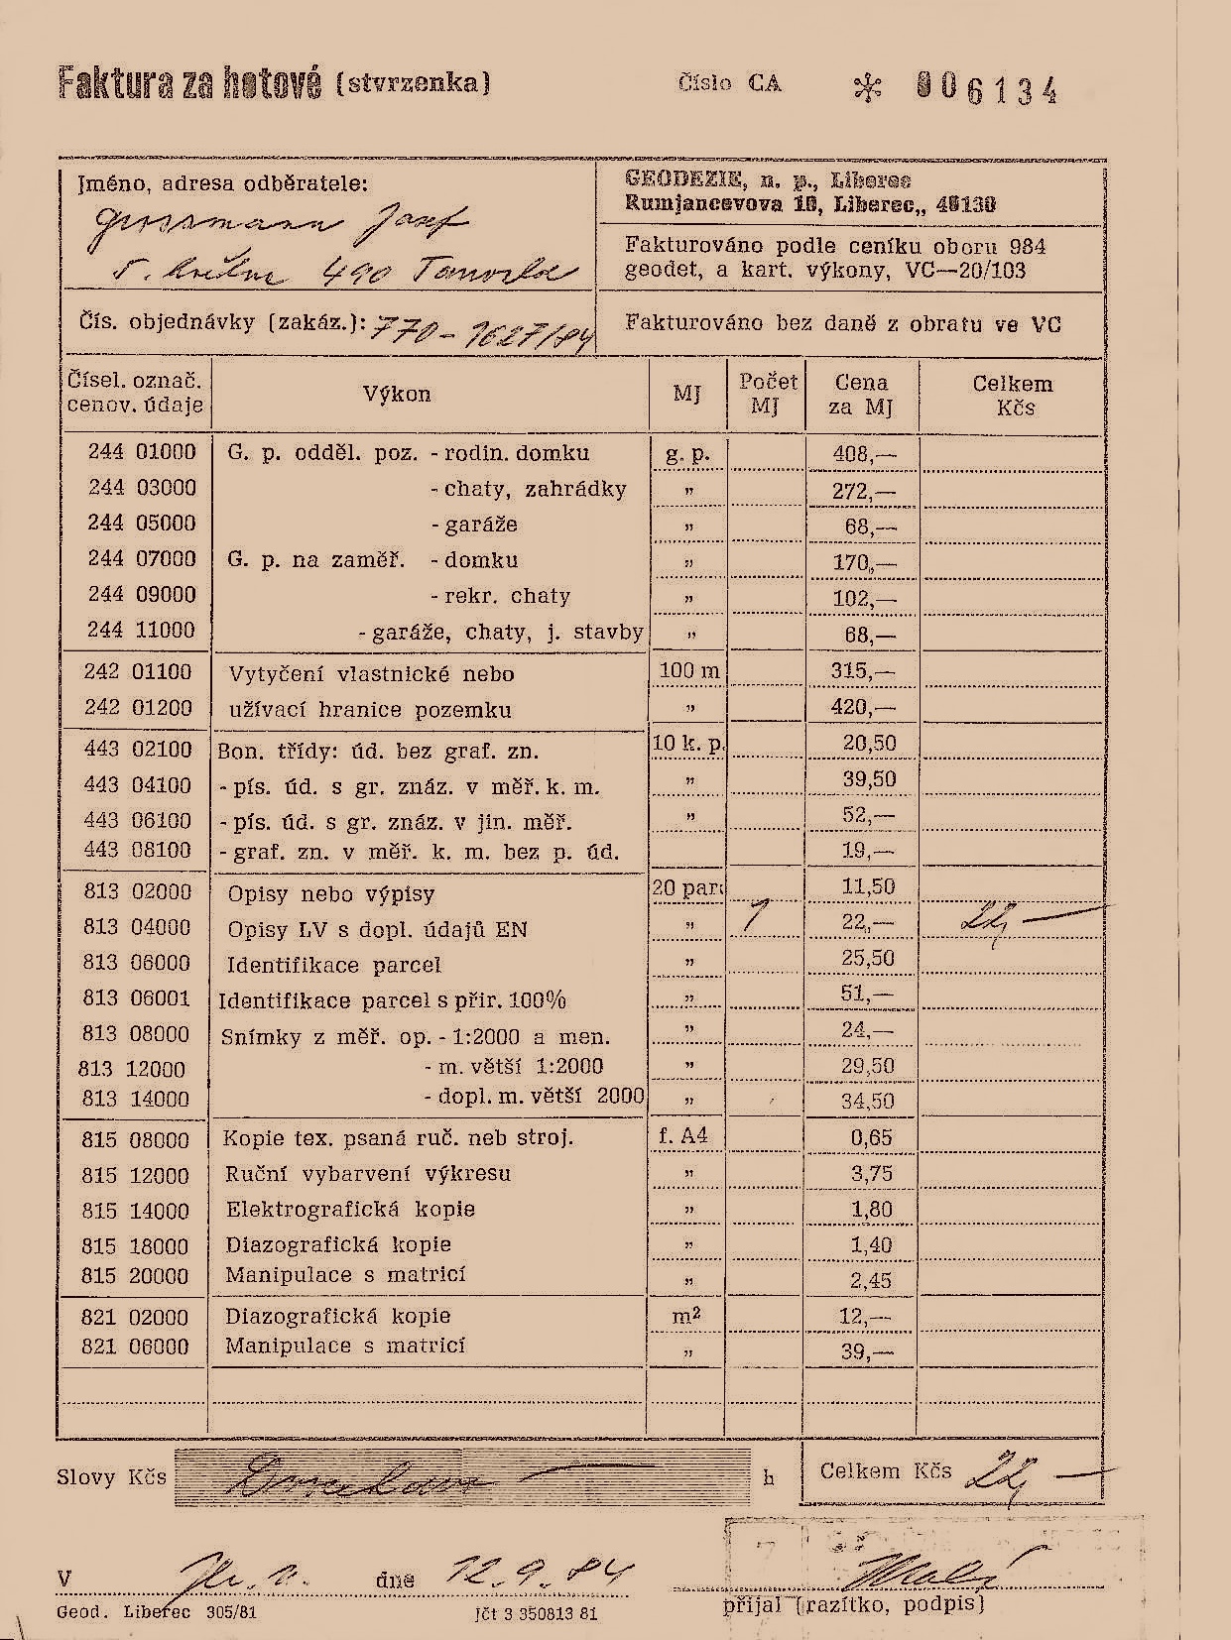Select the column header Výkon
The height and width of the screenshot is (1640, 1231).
pyautogui.click(x=397, y=394)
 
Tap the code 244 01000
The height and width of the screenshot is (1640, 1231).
pyautogui.click(x=142, y=452)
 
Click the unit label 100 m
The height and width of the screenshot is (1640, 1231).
pyautogui.click(x=689, y=671)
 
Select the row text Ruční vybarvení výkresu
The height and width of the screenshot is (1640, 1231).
pyautogui.click(x=368, y=1174)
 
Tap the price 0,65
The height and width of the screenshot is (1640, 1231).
pyautogui.click(x=872, y=1137)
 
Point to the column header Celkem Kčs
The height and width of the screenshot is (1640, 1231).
pyautogui.click(x=1012, y=395)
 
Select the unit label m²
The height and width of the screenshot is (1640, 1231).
pyautogui.click(x=688, y=1315)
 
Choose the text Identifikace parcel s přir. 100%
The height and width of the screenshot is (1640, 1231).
pyautogui.click(x=392, y=1000)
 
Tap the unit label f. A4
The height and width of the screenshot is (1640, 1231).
pyautogui.click(x=683, y=1136)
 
